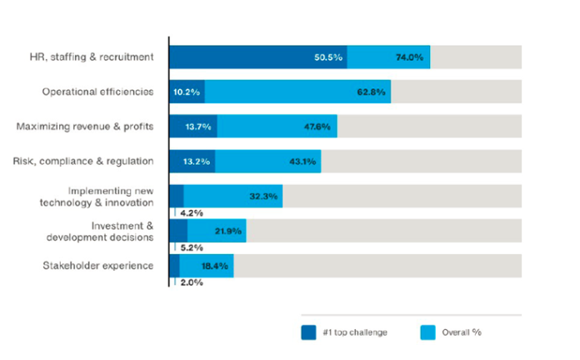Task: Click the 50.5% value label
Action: click(x=327, y=57)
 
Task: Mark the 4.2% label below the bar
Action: click(x=191, y=212)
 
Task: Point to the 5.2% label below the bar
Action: click(x=191, y=247)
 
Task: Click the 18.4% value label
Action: click(x=215, y=265)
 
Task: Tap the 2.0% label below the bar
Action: click(x=191, y=282)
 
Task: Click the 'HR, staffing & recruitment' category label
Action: click(x=90, y=57)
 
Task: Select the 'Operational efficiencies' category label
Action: click(x=97, y=92)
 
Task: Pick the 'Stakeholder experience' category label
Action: click(x=97, y=265)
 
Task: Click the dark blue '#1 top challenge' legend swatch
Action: click(x=309, y=332)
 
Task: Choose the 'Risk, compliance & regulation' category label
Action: click(x=84, y=161)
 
